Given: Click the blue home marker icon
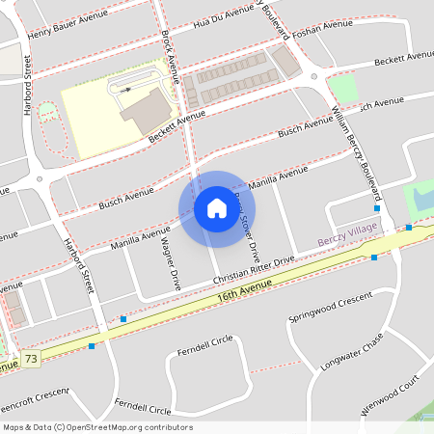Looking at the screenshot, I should coord(217,208).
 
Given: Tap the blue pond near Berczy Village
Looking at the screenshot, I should coord(420,201).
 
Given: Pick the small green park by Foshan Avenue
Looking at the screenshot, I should coord(342,89).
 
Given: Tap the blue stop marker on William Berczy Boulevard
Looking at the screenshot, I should coord(376,208).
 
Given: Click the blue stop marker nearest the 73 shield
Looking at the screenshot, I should coord(92,345).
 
